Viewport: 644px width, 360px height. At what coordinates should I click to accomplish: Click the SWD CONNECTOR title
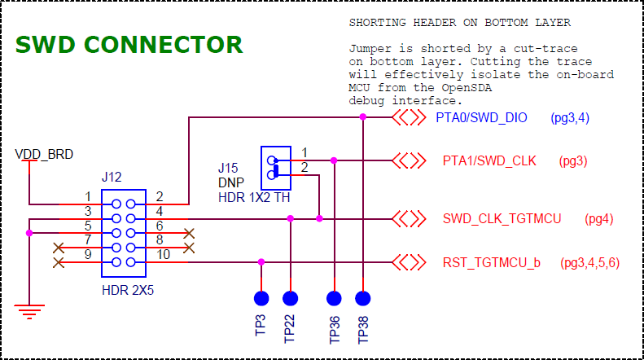pos(129,45)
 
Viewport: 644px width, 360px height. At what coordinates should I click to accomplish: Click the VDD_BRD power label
pos(44,154)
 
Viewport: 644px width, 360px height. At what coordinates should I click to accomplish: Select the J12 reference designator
pos(112,177)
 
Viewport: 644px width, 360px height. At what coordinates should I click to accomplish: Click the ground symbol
pos(29,310)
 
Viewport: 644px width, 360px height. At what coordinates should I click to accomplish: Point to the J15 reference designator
pos(228,169)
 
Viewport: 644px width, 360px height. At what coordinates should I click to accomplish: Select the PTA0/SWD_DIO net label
pos(481,118)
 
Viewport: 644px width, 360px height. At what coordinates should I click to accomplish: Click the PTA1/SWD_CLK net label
pos(489,160)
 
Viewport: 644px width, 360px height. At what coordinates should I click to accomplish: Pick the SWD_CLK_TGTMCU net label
pos(502,218)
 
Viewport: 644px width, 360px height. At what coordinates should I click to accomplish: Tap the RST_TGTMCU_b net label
pos(492,262)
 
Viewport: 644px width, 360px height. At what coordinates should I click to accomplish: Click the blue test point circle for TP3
pos(261,298)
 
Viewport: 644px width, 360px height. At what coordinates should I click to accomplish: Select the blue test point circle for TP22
pos(291,298)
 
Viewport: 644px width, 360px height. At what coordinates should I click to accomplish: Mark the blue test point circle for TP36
pos(333,298)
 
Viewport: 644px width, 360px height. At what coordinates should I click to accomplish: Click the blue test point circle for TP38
pos(362,298)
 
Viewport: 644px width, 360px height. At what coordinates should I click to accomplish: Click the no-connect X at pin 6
pos(189,234)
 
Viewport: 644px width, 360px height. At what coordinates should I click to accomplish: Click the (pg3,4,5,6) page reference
pos(590,262)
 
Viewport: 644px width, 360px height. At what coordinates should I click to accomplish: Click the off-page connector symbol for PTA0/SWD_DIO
pos(409,118)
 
